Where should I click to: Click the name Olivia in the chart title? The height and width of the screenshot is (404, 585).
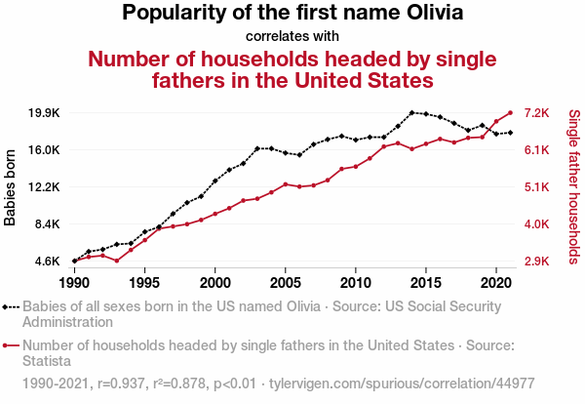[427, 14]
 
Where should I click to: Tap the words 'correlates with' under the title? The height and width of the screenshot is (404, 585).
[292, 36]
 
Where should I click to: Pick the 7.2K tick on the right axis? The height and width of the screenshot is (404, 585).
[539, 113]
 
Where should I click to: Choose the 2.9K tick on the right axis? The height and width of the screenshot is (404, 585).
[539, 262]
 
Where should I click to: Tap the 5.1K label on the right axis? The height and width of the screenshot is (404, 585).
[539, 187]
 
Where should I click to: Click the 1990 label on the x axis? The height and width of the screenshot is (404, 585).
[74, 283]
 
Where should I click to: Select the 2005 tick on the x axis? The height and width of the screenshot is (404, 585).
[285, 283]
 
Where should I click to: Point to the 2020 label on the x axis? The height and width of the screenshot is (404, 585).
[496, 283]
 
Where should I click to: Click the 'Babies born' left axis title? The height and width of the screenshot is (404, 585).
[12, 187]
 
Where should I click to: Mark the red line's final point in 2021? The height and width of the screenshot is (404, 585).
[510, 112]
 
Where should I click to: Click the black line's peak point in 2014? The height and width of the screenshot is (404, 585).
[412, 113]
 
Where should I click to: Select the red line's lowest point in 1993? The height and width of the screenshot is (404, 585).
[117, 261]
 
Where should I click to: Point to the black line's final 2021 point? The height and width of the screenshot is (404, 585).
[510, 133]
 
